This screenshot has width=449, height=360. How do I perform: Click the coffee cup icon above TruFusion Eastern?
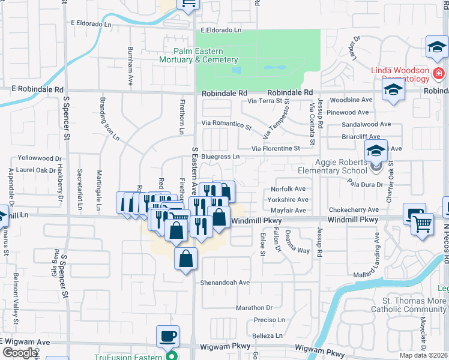[x=167, y=336]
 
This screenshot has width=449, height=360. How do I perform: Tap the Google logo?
[x=20, y=353]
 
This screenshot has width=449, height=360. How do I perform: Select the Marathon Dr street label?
[x=254, y=307]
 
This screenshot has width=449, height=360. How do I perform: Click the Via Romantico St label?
[x=226, y=124]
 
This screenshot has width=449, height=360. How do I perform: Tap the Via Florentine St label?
[x=275, y=148]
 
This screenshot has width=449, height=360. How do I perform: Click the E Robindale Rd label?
[x=37, y=89]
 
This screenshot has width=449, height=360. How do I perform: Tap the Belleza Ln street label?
[x=267, y=335]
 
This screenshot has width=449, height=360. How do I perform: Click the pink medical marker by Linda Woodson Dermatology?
[x=439, y=74]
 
